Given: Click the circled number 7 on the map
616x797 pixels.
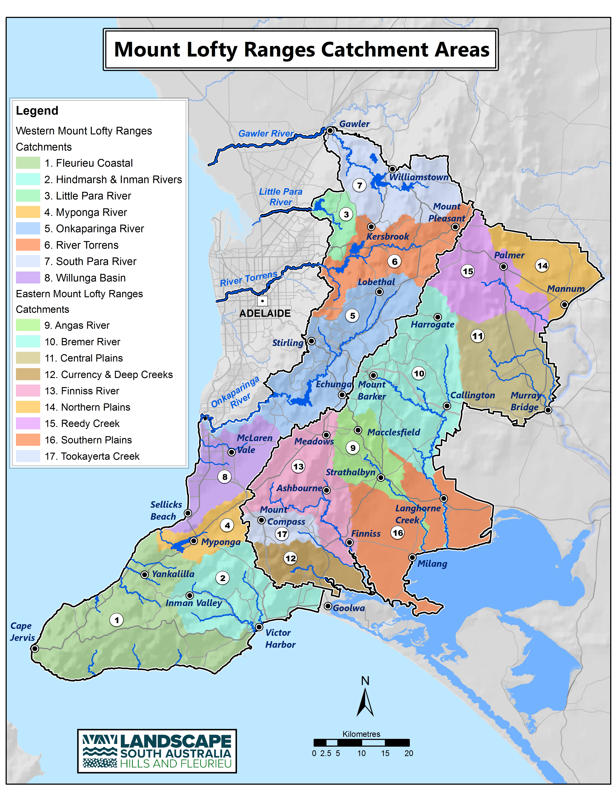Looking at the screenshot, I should (x=359, y=185).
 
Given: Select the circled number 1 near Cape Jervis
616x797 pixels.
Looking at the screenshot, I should (x=116, y=620).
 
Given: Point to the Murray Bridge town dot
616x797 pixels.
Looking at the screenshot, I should (x=548, y=410).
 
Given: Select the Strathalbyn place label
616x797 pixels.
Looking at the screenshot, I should (x=350, y=472).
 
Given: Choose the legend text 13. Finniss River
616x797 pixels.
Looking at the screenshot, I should (x=82, y=391).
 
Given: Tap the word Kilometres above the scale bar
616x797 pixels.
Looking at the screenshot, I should (x=361, y=734).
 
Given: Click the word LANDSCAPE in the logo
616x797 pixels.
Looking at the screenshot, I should (x=176, y=742).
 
